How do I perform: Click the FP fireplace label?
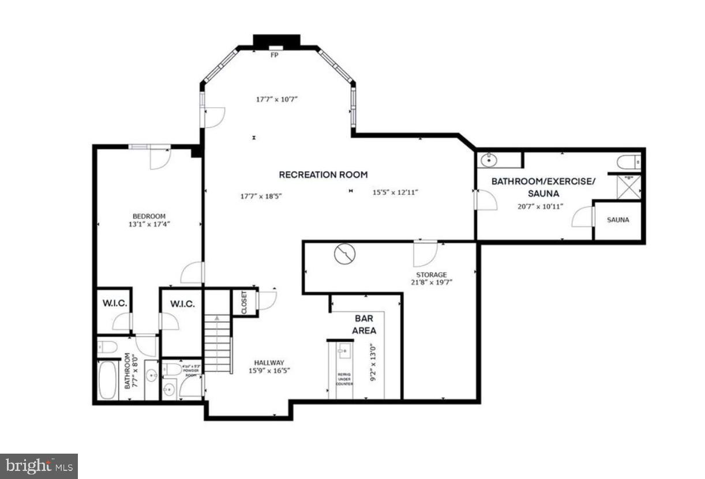tap(275, 55)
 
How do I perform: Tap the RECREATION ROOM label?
tap(323, 175)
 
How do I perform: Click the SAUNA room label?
tap(618, 220)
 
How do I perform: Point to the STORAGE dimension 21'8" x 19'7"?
tap(432, 282)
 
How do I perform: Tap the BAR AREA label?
tap(365, 325)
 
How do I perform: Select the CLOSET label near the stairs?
tap(244, 303)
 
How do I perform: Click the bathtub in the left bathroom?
tap(107, 380)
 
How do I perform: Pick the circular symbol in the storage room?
tap(344, 254)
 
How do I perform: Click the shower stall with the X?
tap(628, 187)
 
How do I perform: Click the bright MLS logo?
tap(39, 466)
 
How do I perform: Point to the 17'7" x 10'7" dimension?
tap(276, 99)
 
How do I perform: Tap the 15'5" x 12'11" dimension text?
tap(395, 193)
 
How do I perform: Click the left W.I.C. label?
tap(114, 304)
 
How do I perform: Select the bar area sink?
tap(345, 350)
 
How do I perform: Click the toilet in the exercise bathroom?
tap(627, 162)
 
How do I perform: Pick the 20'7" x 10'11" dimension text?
tap(539, 206)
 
